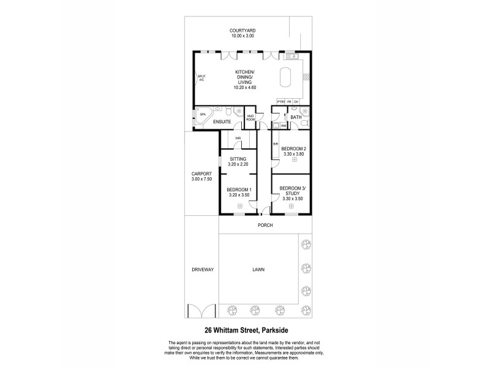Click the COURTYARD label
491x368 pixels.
tap(242, 30)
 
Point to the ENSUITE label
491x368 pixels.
tap(222, 122)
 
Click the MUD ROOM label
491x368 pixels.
tap(250, 117)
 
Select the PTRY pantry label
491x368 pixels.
tap(280, 101)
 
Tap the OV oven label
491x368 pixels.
tap(296, 101)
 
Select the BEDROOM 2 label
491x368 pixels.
tap(293, 149)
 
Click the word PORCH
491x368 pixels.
tap(265, 225)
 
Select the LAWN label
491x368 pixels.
tap(258, 268)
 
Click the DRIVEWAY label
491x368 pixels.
tap(201, 268)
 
